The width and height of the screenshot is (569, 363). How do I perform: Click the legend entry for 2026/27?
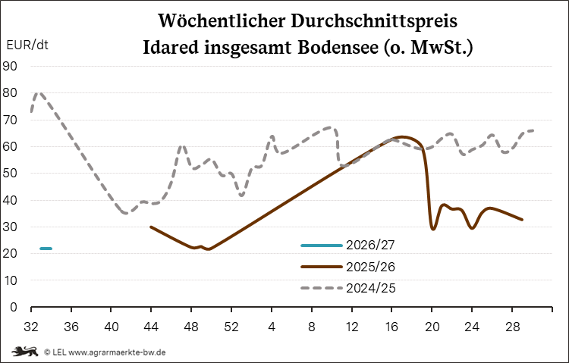(347, 245)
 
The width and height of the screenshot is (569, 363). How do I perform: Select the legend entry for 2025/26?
(347, 267)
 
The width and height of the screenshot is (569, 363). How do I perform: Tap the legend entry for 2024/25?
(347, 288)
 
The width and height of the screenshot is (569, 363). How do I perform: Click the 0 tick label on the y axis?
(14, 307)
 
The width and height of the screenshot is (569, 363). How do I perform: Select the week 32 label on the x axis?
(31, 327)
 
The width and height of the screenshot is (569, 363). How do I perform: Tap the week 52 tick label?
(231, 327)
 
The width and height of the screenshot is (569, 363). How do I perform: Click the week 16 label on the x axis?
(391, 327)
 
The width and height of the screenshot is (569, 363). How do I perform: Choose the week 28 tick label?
(511, 327)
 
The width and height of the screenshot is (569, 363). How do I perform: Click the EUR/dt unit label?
(27, 45)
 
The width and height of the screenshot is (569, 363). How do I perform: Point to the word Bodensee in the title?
(338, 48)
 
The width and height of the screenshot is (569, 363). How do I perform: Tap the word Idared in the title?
(171, 48)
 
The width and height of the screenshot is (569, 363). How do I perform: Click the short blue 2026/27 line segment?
(46, 249)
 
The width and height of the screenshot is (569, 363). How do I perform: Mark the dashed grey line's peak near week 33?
(39, 92)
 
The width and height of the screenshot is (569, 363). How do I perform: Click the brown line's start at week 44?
(151, 227)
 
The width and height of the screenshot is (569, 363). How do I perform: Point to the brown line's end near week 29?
(522, 220)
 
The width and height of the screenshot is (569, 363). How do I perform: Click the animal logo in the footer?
(25, 352)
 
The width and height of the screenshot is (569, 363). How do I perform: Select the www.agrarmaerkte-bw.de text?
(117, 352)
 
